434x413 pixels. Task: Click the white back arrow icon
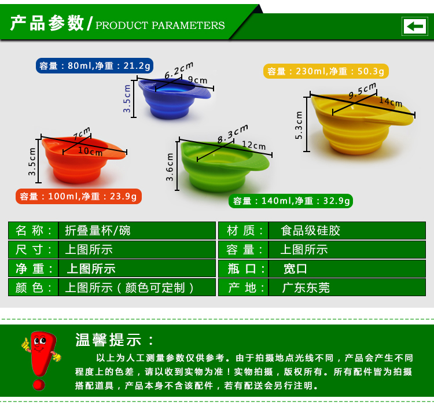pos(414,26)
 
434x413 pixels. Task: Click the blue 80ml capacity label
pos(94,65)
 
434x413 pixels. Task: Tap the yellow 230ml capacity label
pos(326,71)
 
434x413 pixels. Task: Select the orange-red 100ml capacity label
pos(79,197)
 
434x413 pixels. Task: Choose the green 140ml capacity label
pos(290,201)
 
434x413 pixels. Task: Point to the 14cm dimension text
pos(390,102)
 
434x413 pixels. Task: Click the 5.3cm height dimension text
pos(299,126)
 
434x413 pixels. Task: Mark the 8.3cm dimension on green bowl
pos(233,134)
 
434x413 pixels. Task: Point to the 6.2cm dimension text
pos(179,71)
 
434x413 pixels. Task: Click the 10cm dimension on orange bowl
pos(90,151)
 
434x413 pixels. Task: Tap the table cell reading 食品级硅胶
pos(347,230)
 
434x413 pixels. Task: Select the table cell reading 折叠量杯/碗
pos(137,230)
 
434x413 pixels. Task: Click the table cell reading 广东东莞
pos(347,287)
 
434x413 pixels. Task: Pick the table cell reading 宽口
pos(347,268)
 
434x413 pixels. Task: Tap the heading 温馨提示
pos(114,340)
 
